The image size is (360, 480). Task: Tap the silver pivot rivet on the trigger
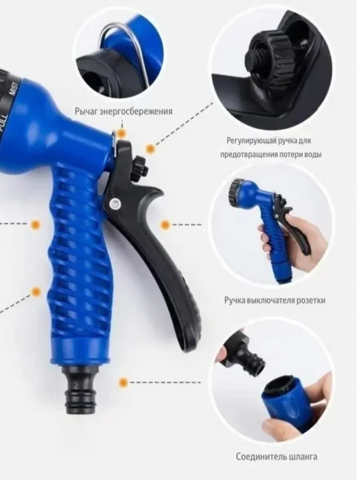click(x=115, y=202)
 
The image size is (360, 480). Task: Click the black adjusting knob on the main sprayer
click(x=140, y=167)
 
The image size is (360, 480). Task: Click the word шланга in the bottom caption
click(x=303, y=457)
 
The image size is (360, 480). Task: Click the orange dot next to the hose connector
click(x=123, y=382)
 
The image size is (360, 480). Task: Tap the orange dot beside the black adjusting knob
click(x=150, y=149)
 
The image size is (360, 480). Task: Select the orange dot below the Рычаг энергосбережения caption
click(x=122, y=133)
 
